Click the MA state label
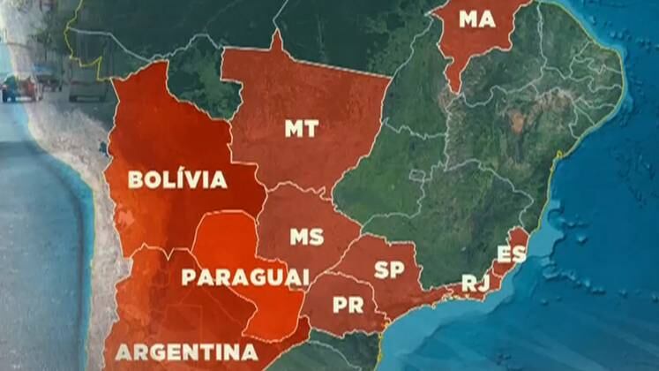(x=476, y=19)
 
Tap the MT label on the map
(x=302, y=129)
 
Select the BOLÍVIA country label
(x=177, y=180)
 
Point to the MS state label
(x=306, y=237)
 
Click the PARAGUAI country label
(x=245, y=276)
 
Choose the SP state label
(x=389, y=269)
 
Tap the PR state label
(x=348, y=305)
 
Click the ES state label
(x=511, y=254)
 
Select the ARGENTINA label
(x=186, y=352)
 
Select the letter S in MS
(x=316, y=237)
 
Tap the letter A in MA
(x=487, y=19)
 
